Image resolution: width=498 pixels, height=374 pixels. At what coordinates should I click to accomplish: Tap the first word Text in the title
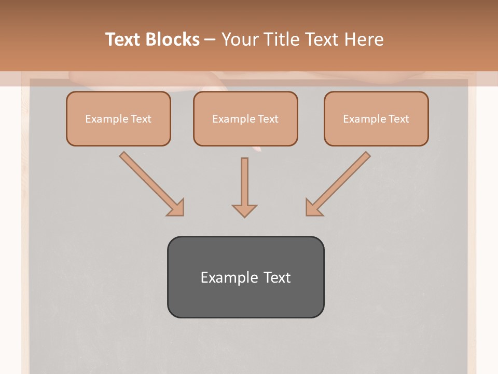(x=125, y=39)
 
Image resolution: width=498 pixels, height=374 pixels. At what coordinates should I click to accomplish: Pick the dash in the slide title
(x=211, y=40)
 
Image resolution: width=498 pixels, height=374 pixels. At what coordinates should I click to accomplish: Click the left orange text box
(x=118, y=118)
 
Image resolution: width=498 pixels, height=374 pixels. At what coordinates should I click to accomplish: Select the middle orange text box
(x=245, y=118)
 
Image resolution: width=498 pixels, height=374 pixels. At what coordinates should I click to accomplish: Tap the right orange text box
(x=376, y=118)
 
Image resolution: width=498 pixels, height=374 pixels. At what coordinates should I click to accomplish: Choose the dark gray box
(x=245, y=277)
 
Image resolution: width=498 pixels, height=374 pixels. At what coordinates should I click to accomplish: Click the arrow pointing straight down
(x=244, y=187)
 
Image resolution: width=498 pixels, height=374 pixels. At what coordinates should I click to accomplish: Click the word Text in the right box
(x=398, y=119)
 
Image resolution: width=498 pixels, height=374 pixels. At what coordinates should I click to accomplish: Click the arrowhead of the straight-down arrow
(x=244, y=210)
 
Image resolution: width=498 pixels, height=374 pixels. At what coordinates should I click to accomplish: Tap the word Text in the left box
(x=141, y=119)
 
